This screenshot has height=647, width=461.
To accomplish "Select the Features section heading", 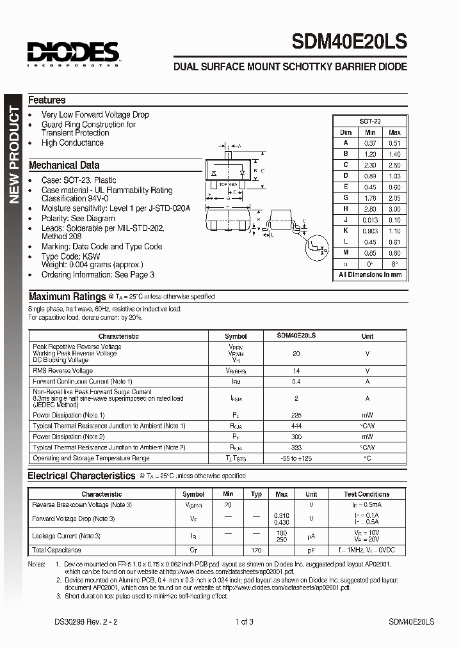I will tap(47, 100).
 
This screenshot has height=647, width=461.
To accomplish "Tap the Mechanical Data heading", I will tap(64, 165).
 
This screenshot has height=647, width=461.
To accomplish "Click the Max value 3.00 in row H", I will tap(394, 209).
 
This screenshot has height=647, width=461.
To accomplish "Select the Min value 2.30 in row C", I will tap(369, 165).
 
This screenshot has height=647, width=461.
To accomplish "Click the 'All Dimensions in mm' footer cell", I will tap(370, 274).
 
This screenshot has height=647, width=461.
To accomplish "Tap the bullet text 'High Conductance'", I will tap(72, 143).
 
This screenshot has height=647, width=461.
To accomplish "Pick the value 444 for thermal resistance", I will tap(296, 426).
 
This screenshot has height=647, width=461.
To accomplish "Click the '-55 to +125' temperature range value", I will tap(296, 458).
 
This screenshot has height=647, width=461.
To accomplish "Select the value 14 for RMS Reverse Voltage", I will tap(296, 371).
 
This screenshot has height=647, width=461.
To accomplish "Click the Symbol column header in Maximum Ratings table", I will tap(236, 336).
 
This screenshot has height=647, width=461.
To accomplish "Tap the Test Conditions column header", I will tap(366, 494).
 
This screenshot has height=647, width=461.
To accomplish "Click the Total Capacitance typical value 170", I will tap(257, 550).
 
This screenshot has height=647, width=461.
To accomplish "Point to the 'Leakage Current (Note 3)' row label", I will tap(67, 536).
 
